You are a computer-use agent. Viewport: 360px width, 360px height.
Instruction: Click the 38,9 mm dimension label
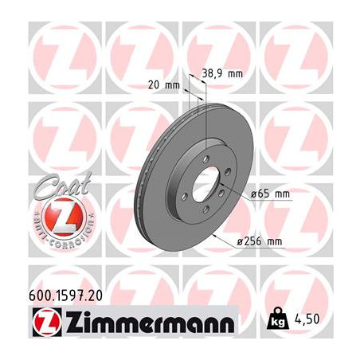[222, 73]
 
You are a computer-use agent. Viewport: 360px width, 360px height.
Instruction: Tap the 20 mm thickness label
[164, 85]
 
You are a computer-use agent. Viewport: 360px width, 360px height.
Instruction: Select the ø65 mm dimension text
[270, 194]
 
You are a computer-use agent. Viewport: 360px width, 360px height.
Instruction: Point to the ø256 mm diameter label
[260, 241]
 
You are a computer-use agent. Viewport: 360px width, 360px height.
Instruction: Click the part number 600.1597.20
[65, 295]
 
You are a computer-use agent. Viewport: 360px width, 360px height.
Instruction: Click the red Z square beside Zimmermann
[47, 322]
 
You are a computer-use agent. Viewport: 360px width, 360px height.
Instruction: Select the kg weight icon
[278, 319]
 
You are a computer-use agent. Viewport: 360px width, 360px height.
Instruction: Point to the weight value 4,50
[307, 319]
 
